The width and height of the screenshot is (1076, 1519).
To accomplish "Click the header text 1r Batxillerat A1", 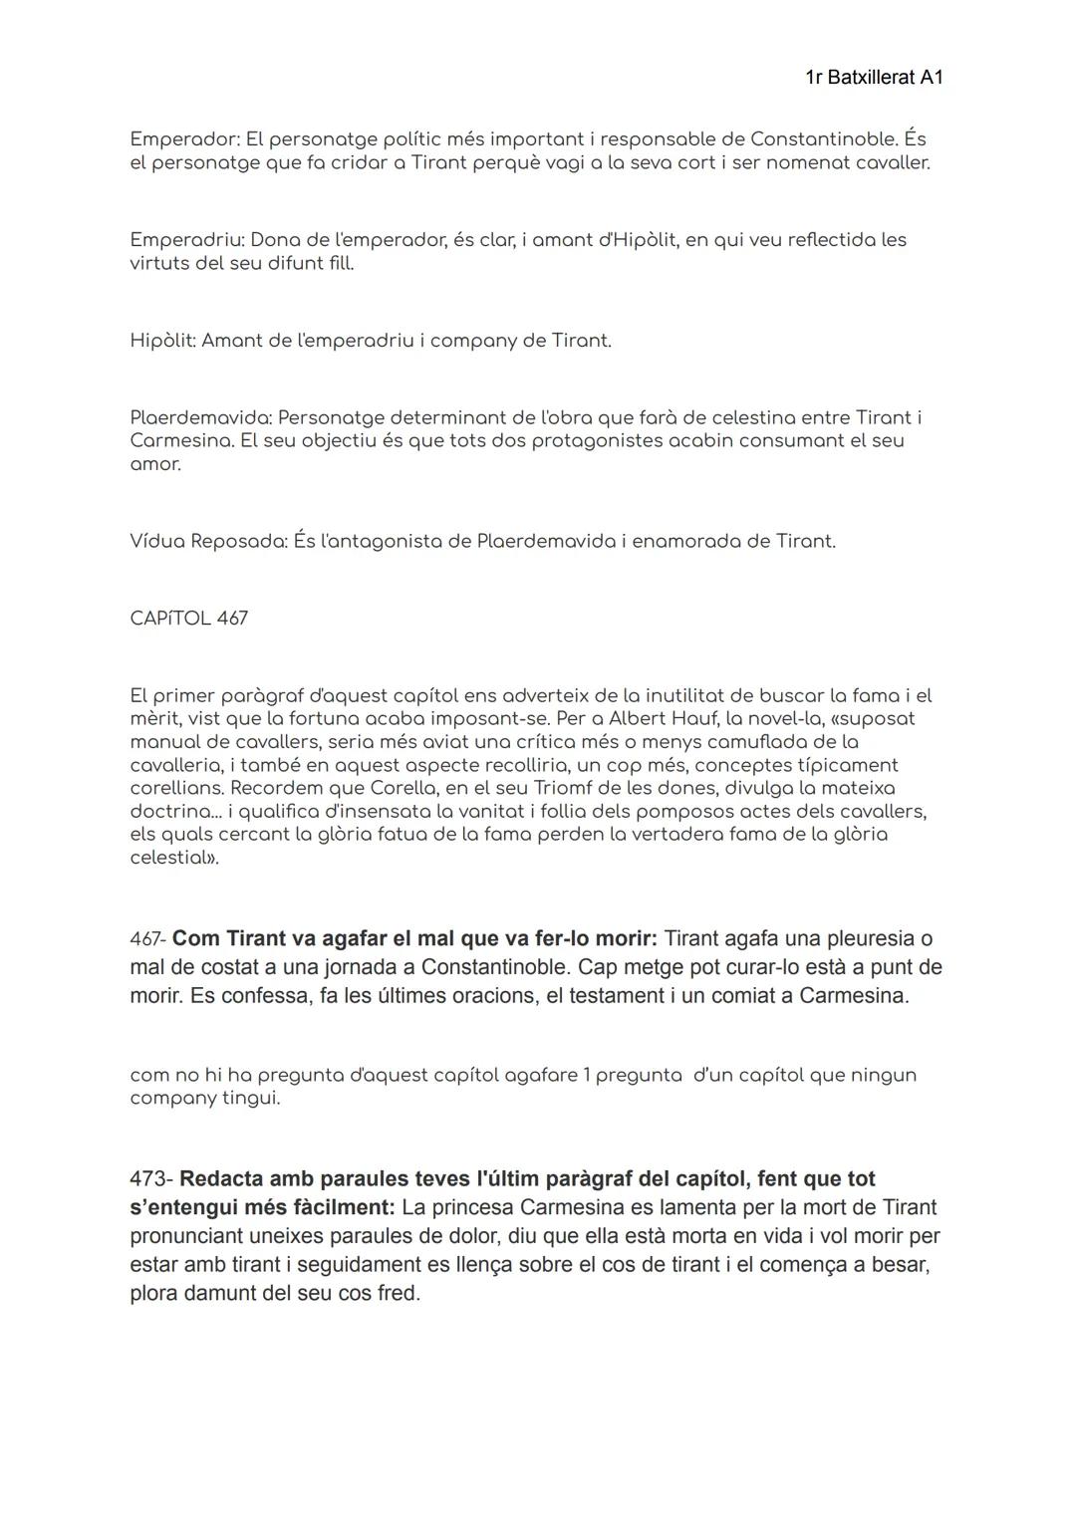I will (873, 77).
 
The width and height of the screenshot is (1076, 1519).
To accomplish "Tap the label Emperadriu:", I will (186, 240).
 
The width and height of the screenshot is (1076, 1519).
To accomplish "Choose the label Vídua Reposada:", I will (208, 541).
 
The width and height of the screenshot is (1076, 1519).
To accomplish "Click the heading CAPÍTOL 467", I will (188, 619).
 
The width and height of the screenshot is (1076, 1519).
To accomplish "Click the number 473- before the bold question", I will (151, 1179).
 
